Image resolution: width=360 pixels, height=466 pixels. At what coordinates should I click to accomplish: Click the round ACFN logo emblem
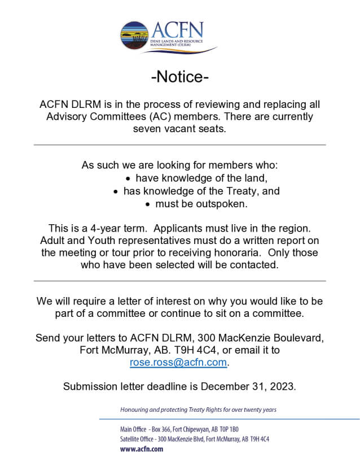tap(134, 36)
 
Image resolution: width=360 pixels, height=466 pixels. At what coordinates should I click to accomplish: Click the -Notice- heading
tap(179, 77)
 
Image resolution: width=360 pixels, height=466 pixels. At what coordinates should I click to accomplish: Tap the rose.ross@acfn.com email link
tap(179, 363)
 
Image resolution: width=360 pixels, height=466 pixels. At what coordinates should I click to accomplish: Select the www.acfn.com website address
tap(141, 449)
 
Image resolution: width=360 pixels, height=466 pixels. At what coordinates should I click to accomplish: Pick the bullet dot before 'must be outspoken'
tap(148, 204)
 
